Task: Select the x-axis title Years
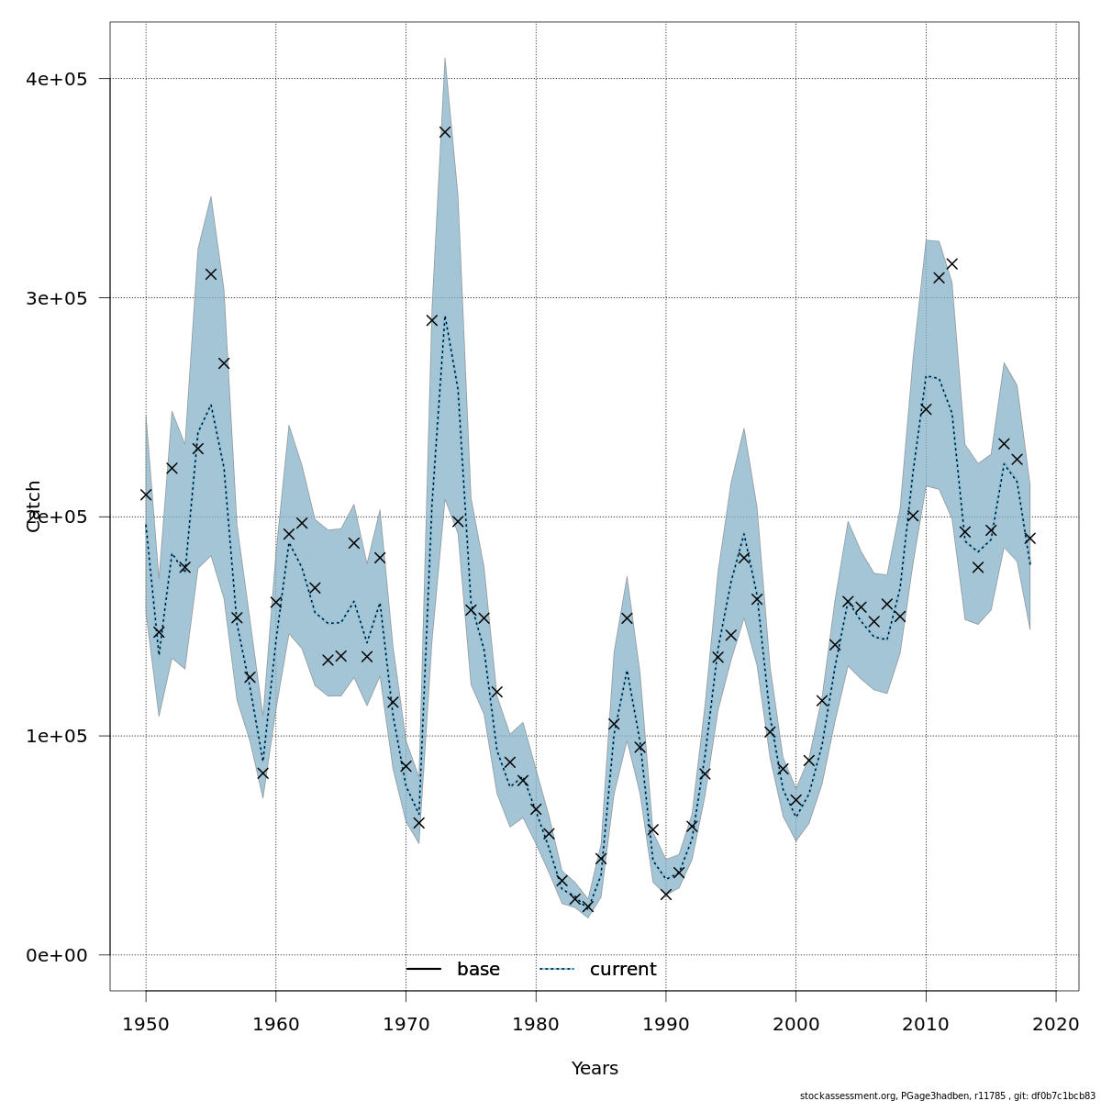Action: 595,1069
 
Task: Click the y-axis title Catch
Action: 34,506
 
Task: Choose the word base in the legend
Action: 478,970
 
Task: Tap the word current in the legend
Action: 623,970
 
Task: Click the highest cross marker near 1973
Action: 445,132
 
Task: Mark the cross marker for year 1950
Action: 146,495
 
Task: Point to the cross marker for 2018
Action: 1029,539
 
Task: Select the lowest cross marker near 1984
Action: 588,906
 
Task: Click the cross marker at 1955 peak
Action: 211,274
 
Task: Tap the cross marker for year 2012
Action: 951,264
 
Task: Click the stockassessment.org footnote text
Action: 947,1095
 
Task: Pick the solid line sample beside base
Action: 424,970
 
